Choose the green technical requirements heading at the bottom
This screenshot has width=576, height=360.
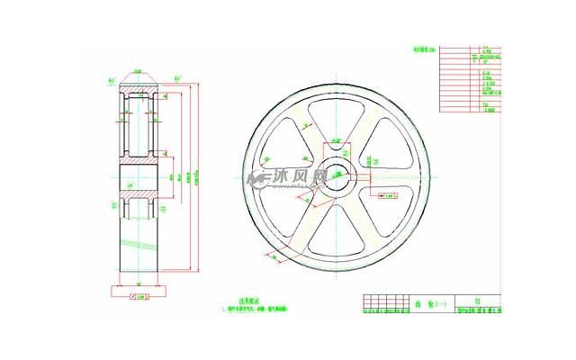pyautogui.click(x=248, y=301)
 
